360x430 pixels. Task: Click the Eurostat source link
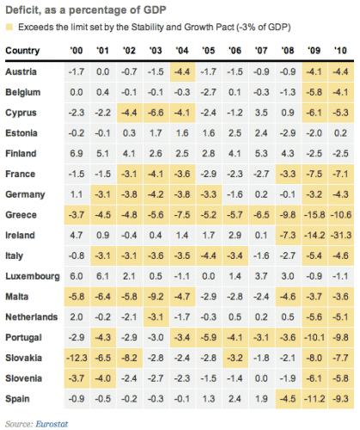(x=52, y=421)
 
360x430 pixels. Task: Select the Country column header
(x=24, y=51)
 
